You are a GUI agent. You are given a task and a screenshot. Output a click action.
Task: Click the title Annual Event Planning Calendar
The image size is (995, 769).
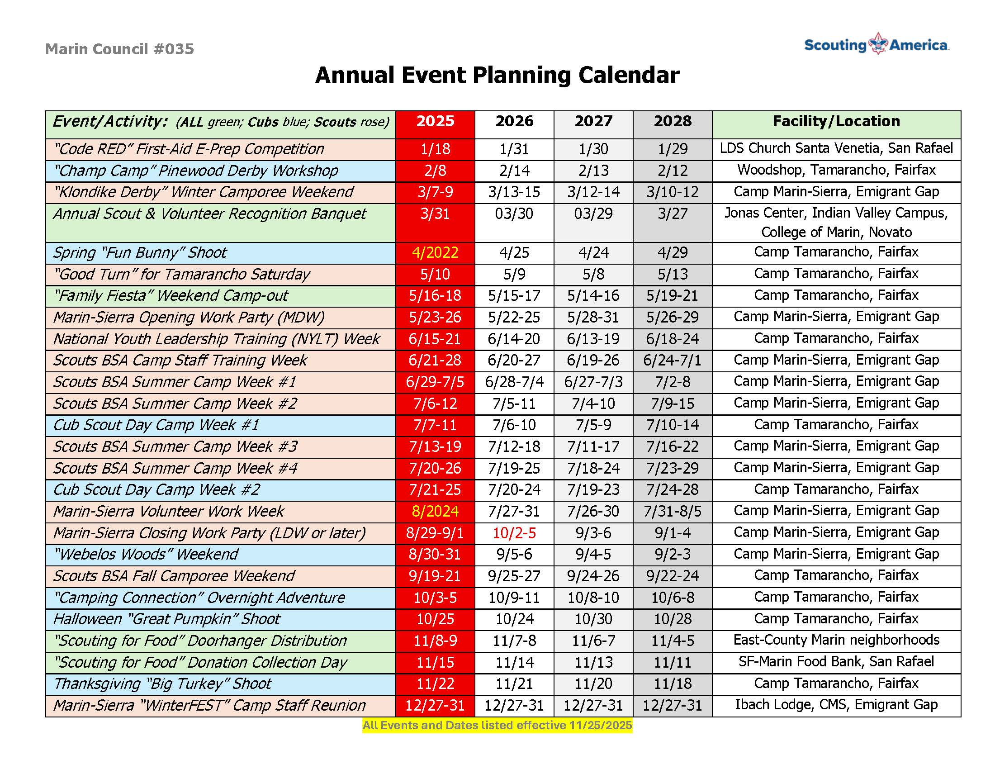coord(497,75)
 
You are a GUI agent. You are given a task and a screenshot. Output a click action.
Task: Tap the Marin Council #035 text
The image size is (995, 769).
coord(119,49)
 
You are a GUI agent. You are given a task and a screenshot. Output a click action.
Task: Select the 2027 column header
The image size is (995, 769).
coord(593,121)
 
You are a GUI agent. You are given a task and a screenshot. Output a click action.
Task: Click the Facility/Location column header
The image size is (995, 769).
coord(836,121)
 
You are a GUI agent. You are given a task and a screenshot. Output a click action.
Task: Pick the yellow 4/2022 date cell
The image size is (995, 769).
coord(435,253)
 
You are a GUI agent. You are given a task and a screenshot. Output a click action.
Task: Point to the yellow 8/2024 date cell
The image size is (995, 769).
coord(435,511)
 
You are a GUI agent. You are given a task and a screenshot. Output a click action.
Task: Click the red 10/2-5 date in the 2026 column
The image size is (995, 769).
coord(514,532)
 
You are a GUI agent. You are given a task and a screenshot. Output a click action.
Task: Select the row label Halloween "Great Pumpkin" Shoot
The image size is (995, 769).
coord(167,619)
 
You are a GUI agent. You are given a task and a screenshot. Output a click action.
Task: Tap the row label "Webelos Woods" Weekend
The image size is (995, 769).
coord(146,555)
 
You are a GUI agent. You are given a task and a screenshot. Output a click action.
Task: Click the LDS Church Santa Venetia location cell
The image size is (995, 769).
coord(836,148)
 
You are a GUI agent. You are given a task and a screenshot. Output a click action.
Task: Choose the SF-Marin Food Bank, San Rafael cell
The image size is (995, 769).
coord(836,661)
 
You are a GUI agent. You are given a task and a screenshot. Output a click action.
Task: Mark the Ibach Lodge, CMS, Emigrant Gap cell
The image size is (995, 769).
coord(836,705)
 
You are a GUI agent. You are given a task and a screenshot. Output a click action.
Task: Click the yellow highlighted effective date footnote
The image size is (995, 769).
coord(497,725)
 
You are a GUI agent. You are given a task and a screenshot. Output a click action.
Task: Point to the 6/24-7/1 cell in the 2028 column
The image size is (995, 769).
coord(672,361)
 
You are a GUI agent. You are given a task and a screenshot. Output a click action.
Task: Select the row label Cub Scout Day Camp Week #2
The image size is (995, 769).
coord(157,490)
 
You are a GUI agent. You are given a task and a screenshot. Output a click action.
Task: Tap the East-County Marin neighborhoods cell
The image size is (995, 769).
coord(836,640)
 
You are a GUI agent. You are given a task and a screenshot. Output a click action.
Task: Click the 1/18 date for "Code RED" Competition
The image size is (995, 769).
coord(435,149)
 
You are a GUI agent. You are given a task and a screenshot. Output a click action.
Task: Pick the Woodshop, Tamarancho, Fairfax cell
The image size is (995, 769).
coord(836,170)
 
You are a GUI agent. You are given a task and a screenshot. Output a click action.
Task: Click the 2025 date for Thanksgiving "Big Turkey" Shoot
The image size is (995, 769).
coord(435,684)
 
